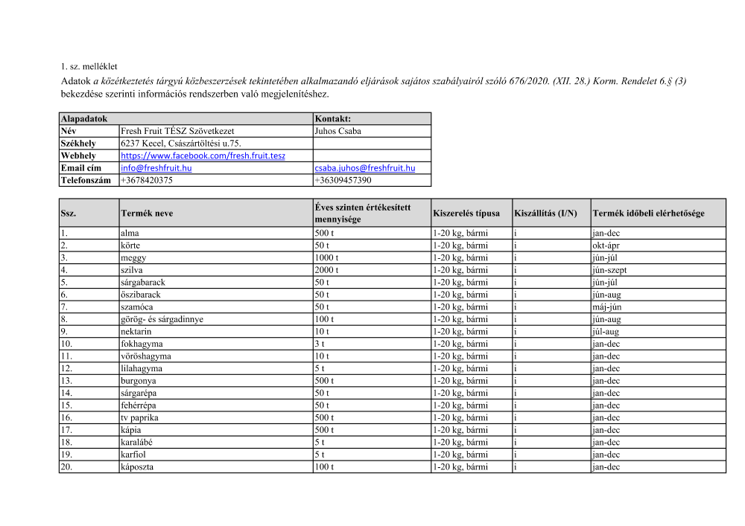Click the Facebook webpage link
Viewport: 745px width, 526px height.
[x=203, y=155]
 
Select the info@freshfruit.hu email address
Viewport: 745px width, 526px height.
[x=156, y=168]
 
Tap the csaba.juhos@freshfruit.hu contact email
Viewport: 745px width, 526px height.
[x=364, y=168]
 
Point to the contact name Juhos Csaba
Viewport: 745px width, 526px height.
[x=338, y=131]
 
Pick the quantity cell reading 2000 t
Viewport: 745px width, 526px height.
[x=327, y=270]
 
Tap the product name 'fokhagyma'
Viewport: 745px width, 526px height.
[x=141, y=344]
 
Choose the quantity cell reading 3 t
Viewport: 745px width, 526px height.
[x=320, y=344]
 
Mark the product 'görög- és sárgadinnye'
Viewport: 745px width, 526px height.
[x=162, y=319]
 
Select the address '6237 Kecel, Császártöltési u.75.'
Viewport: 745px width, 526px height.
[x=181, y=143]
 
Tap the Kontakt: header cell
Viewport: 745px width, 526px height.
[x=333, y=118]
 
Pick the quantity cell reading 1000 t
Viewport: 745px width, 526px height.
[x=327, y=257]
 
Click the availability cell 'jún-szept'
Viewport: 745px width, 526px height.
[x=610, y=270]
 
